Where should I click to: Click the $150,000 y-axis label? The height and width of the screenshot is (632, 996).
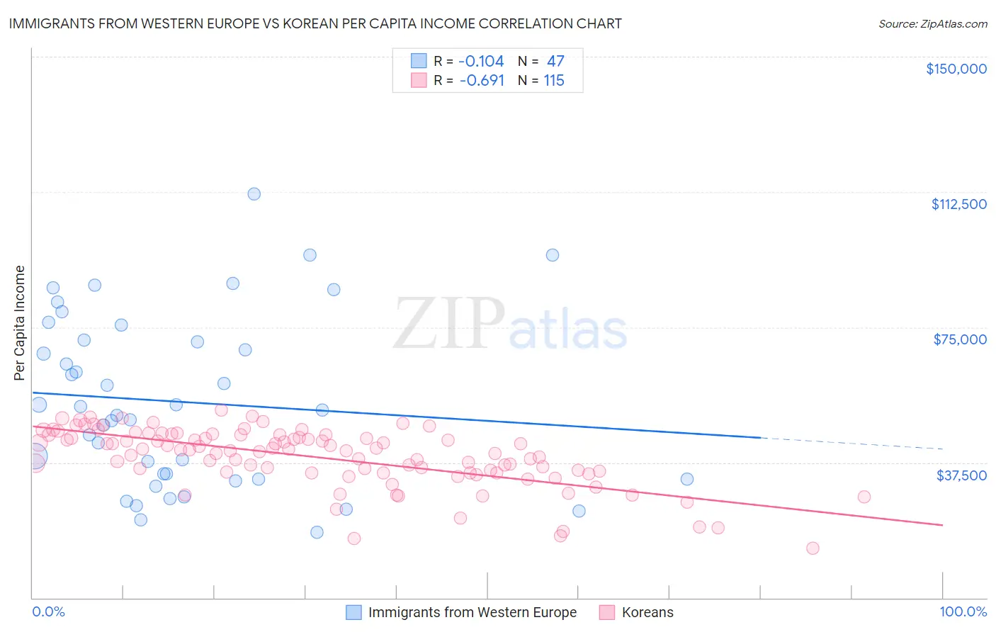click(x=956, y=69)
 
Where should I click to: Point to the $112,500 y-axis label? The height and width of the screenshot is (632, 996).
click(x=958, y=204)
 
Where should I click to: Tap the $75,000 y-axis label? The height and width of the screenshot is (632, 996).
click(x=960, y=339)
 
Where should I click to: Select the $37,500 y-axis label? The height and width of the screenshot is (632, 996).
click(x=961, y=475)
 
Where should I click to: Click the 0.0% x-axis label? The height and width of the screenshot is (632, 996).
click(x=48, y=612)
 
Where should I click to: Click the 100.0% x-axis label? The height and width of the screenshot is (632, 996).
click(x=963, y=612)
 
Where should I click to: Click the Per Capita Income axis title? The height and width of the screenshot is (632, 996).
click(x=20, y=322)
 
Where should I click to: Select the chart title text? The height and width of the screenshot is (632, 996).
click(x=315, y=23)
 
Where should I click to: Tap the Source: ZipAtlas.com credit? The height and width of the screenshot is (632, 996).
click(x=932, y=24)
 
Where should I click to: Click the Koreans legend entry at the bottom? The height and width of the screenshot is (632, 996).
click(x=647, y=612)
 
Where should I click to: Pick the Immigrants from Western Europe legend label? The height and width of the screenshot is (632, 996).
click(x=472, y=612)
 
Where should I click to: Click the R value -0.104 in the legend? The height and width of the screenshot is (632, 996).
click(x=482, y=62)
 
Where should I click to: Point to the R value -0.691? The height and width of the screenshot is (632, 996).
click(x=482, y=81)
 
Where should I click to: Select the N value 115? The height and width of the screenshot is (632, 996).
click(x=554, y=81)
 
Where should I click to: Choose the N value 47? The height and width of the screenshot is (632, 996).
click(x=555, y=62)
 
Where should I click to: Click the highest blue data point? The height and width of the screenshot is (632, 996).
click(x=254, y=194)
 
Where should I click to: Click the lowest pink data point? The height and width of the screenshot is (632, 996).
click(x=813, y=548)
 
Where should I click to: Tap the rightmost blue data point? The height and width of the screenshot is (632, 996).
click(x=686, y=479)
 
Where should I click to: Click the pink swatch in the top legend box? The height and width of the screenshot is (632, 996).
click(x=419, y=80)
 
